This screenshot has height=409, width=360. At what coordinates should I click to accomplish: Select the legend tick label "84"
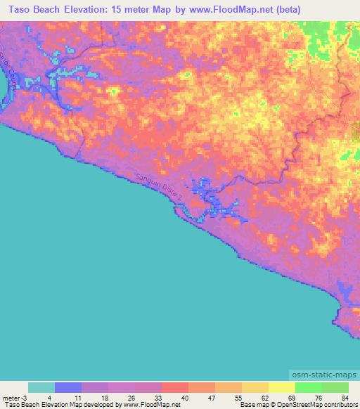pyautogui.click(x=345, y=398)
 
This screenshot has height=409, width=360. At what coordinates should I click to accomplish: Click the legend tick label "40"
pyautogui.click(x=184, y=398)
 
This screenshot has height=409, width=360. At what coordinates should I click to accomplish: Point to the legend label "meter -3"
pyautogui.click(x=13, y=398)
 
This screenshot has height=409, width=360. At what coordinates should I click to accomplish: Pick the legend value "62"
pyautogui.click(x=264, y=398)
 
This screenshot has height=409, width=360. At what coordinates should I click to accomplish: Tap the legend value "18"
pyautogui.click(x=104, y=398)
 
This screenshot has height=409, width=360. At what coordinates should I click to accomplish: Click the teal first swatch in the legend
pyautogui.click(x=41, y=387)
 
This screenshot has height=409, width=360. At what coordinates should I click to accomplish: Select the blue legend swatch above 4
pyautogui.click(x=67, y=387)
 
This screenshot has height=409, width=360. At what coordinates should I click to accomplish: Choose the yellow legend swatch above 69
pyautogui.click(x=281, y=387)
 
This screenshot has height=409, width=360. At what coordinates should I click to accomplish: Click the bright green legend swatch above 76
pyautogui.click(x=308, y=387)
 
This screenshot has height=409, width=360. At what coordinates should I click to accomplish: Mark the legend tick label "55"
pyautogui.click(x=238, y=398)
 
